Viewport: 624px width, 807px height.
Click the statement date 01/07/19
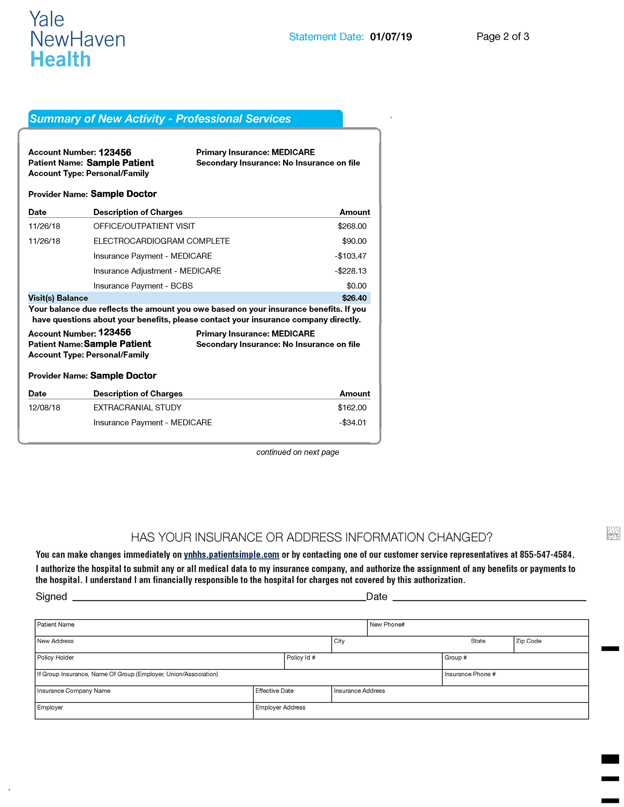tap(391, 37)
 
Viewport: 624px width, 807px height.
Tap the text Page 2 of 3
tap(502, 37)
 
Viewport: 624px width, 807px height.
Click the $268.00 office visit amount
tap(352, 226)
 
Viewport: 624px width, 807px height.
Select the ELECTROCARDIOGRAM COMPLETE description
tap(161, 241)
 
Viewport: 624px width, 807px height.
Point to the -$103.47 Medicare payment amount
tap(350, 256)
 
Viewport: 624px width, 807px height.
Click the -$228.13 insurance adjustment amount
tap(350, 271)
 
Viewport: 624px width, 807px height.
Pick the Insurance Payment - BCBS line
tap(143, 286)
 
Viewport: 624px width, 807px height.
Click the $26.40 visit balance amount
tap(354, 298)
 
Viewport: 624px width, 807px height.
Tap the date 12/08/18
tap(44, 408)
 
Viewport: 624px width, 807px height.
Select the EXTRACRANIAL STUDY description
tap(137, 408)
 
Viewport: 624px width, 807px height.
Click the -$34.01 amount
tap(352, 422)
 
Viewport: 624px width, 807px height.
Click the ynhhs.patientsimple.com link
tap(231, 555)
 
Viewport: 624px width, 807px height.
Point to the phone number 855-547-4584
tap(545, 555)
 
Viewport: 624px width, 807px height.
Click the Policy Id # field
tap(363, 661)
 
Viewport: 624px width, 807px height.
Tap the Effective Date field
tap(292, 695)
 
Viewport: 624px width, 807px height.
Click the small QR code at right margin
tap(613, 533)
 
